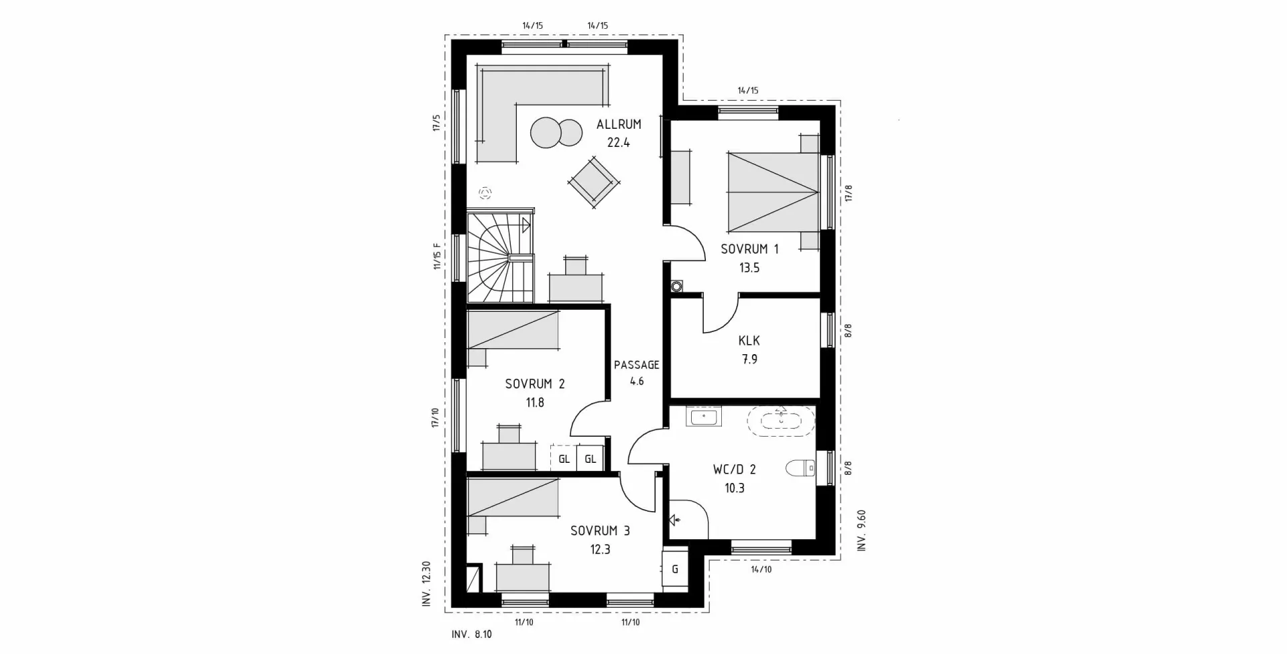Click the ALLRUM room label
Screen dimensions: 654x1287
pyautogui.click(x=618, y=124)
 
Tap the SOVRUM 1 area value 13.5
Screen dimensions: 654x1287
pyautogui.click(x=749, y=268)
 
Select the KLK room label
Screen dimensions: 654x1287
pyautogui.click(x=749, y=341)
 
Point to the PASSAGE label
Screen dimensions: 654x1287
pyautogui.click(x=636, y=365)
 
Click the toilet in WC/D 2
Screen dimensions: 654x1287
pyautogui.click(x=799, y=468)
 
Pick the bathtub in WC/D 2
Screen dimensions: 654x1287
pyautogui.click(x=781, y=421)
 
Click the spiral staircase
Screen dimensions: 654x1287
pyautogui.click(x=499, y=258)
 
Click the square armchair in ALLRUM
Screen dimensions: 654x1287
pyautogui.click(x=593, y=182)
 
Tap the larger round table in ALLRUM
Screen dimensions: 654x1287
pyautogui.click(x=546, y=132)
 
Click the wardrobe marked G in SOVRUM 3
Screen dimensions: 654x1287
pyautogui.click(x=674, y=569)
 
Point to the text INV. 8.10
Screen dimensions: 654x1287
pyautogui.click(x=471, y=634)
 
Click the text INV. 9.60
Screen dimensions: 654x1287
pyautogui.click(x=862, y=531)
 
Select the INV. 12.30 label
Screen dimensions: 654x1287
pyautogui.click(x=426, y=584)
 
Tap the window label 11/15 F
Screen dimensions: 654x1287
pyautogui.click(x=437, y=256)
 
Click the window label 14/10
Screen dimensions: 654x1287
pyautogui.click(x=761, y=569)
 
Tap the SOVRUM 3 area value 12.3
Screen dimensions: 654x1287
pyautogui.click(x=600, y=549)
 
